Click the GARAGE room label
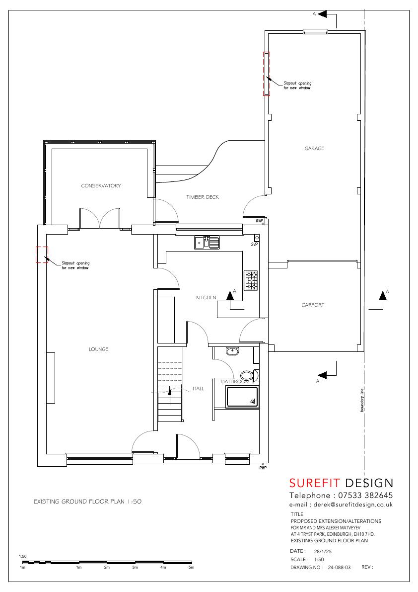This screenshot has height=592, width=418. pos(314,149)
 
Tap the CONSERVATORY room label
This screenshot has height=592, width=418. pos(101,186)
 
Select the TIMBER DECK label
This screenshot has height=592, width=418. pos(203,197)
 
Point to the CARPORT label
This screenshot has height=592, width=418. pos(312,305)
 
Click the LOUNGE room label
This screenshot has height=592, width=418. pos(98,349)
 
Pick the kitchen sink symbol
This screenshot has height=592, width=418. pos(207,243)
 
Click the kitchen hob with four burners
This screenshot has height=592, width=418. pos(251,280)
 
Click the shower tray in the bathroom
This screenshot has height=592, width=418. pos(242,397)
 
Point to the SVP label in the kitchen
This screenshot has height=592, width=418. pos(254,245)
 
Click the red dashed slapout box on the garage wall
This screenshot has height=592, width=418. pos(267,74)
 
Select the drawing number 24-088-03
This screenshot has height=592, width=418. pos(339,568)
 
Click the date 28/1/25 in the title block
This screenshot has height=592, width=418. pos(323,551)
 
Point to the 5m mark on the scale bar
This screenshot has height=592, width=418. pos(192,568)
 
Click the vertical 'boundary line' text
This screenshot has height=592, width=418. pos(362,400)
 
